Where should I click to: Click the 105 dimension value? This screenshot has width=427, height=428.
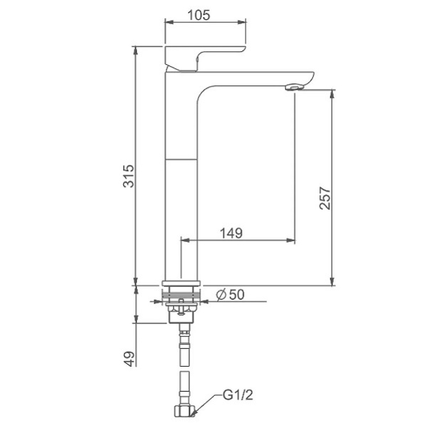(199, 15)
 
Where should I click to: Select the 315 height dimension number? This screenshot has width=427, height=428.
(129, 176)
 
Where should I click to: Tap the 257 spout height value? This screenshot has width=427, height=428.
(325, 198)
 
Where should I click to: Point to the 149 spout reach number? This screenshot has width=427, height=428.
(231, 233)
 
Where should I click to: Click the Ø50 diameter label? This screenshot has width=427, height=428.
(231, 295)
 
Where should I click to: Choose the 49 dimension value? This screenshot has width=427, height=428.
(129, 359)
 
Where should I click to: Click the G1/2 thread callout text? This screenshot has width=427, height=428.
(238, 395)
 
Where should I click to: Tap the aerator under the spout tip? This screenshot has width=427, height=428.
(294, 88)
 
